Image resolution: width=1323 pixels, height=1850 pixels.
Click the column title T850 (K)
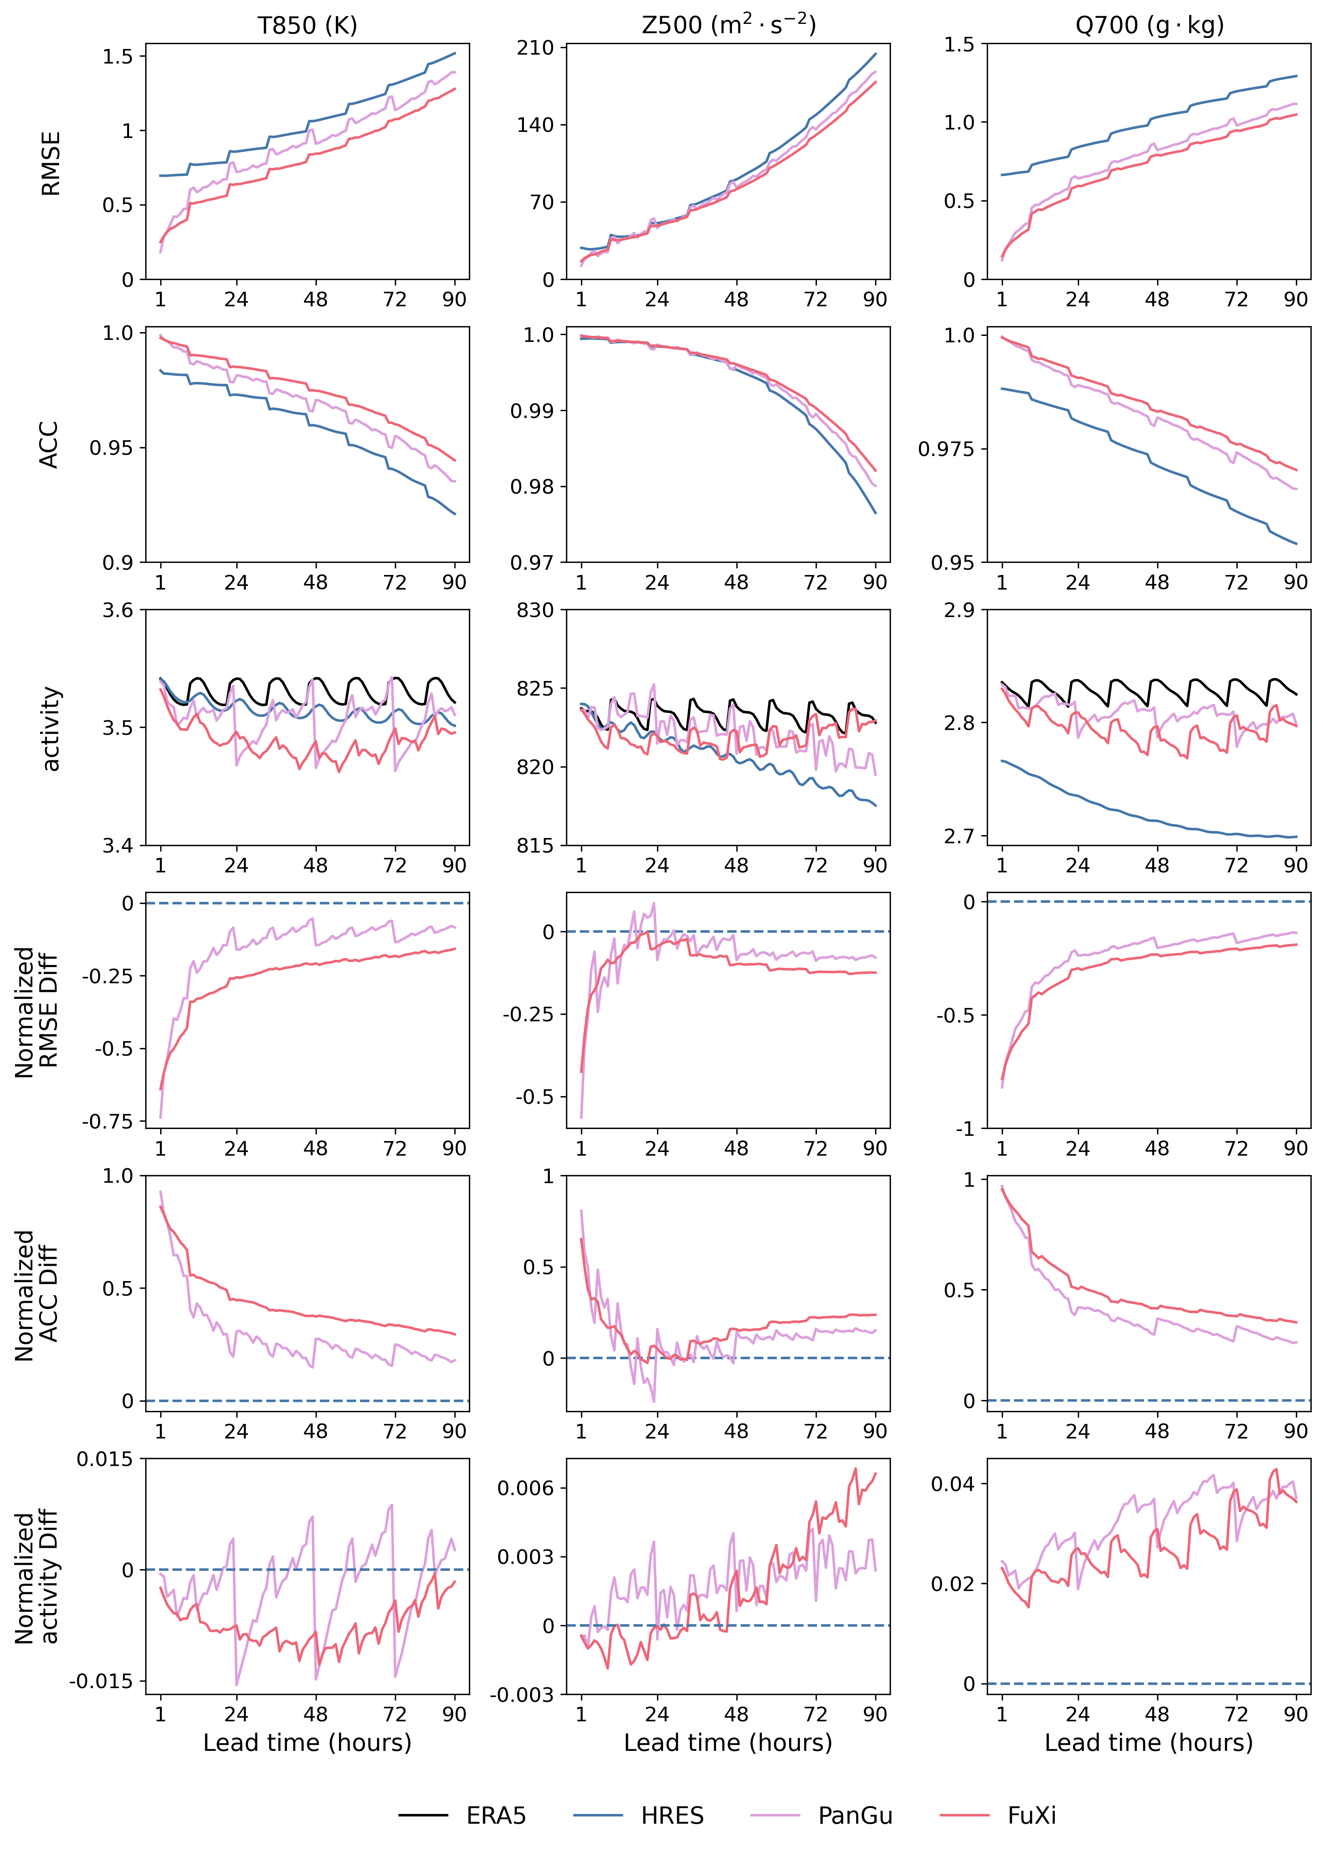tap(307, 25)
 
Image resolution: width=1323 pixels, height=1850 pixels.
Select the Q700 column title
tap(1149, 25)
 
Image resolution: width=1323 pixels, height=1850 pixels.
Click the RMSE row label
tap(51, 163)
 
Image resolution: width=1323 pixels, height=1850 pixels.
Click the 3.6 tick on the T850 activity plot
tap(117, 610)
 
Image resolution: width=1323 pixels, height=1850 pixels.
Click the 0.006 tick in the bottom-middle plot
tap(526, 1488)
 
